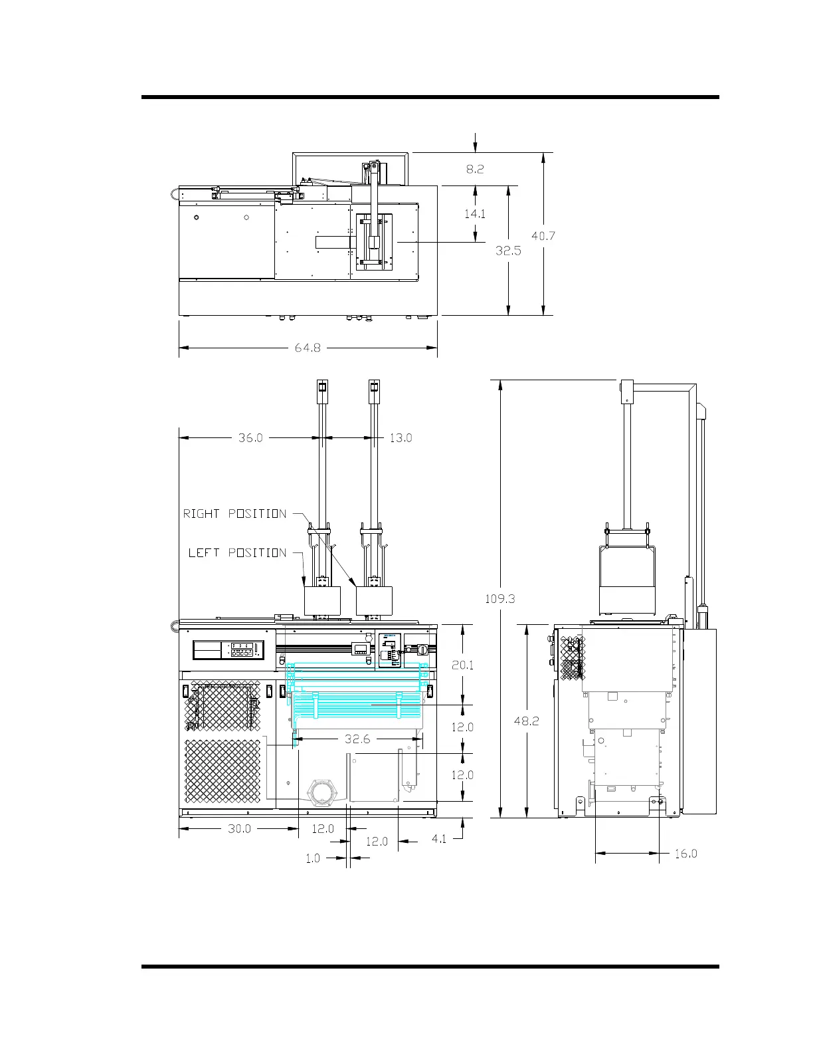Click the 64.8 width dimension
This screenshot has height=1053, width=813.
(308, 348)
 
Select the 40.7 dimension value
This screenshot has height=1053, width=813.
(543, 236)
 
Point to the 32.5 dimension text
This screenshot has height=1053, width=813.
(508, 251)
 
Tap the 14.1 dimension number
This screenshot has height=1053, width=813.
(474, 213)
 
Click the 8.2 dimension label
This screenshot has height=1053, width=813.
(475, 169)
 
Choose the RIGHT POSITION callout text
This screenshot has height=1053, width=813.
(234, 514)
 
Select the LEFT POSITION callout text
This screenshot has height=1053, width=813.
(237, 553)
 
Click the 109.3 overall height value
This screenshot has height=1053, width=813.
(500, 599)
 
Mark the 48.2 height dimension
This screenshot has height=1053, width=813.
(526, 721)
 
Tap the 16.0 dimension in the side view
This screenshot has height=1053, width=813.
(685, 854)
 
